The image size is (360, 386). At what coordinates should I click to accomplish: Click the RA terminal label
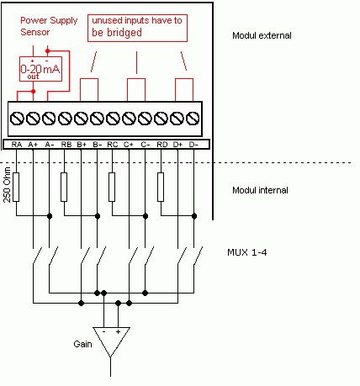click(x=17, y=145)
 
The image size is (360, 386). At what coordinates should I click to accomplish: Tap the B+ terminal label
click(x=82, y=145)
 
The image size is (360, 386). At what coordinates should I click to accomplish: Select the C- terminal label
click(x=146, y=145)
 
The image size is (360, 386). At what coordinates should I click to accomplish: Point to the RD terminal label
click(x=162, y=145)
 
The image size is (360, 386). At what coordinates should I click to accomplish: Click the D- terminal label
click(x=193, y=145)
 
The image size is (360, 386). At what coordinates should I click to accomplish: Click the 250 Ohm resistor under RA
click(x=16, y=187)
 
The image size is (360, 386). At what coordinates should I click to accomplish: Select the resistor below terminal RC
click(x=112, y=187)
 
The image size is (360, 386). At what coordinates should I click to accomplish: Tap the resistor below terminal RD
click(x=161, y=187)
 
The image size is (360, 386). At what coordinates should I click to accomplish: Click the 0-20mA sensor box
click(x=40, y=69)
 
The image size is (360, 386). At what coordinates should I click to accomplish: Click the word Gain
click(x=82, y=344)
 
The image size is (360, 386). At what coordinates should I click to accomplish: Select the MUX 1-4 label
click(x=247, y=252)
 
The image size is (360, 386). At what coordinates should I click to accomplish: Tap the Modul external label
click(x=262, y=35)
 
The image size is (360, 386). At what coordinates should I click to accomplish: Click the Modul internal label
click(x=260, y=190)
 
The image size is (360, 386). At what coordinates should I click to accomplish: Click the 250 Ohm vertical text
click(x=7, y=185)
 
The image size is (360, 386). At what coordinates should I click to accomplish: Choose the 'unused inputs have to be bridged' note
click(x=137, y=28)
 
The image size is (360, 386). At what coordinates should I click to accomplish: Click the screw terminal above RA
click(x=17, y=119)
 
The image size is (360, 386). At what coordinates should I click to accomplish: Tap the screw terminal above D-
click(x=193, y=119)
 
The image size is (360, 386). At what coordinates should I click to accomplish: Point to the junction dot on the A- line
click(x=50, y=216)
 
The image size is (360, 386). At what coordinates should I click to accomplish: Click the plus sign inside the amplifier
click(x=118, y=331)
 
